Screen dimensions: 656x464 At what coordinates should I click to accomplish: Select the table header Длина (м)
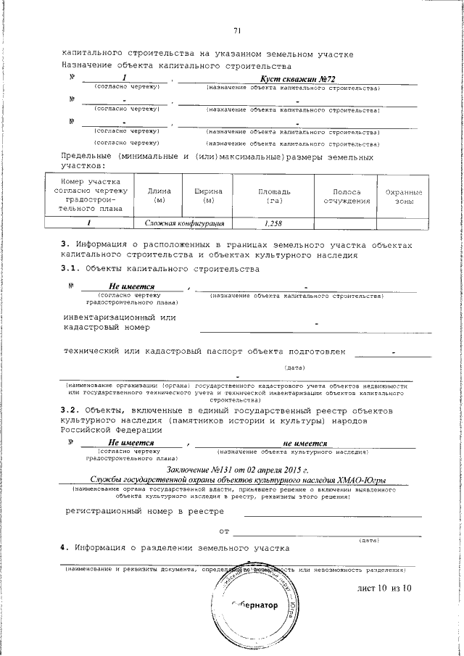click(x=159, y=195)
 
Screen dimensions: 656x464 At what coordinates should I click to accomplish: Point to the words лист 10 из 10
click(x=384, y=588)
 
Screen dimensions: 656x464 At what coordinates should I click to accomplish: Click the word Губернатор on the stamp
click(x=255, y=606)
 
